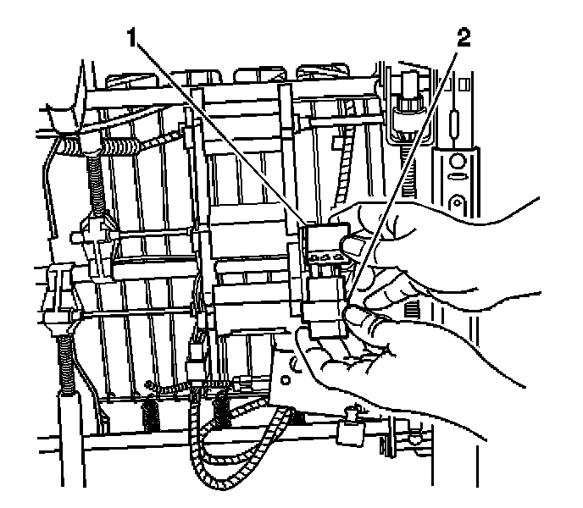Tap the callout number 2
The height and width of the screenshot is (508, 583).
click(x=463, y=37)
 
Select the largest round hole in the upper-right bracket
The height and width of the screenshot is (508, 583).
click(x=457, y=160)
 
